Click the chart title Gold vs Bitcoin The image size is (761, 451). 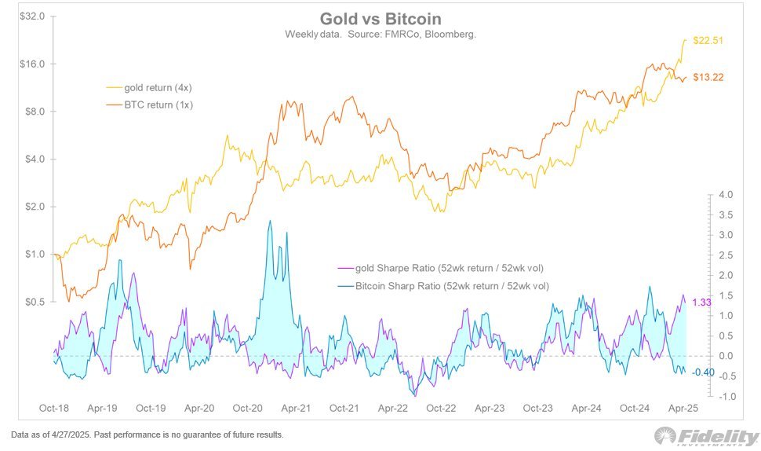click(x=380, y=19)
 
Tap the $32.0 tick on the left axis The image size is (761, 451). click(x=33, y=16)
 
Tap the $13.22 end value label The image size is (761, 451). click(x=708, y=77)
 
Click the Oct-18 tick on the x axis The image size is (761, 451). click(x=54, y=409)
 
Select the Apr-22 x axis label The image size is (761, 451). click(x=392, y=409)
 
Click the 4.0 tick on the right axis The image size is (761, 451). click(x=724, y=194)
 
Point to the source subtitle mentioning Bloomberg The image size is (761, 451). click(x=380, y=35)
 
